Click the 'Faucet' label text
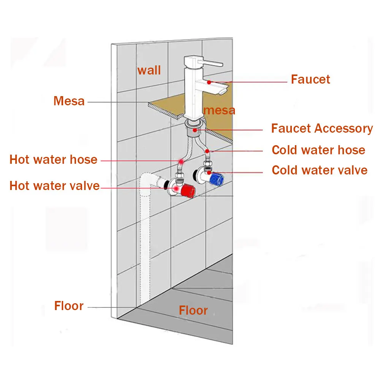click(310, 79)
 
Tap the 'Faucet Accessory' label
click(322, 128)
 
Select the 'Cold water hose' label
click(318, 150)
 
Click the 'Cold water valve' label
click(320, 170)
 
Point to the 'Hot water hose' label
click(53, 159)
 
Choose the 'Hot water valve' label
click(54, 186)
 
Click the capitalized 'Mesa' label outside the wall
click(69, 101)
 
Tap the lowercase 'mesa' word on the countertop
click(219, 110)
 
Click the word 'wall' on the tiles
click(149, 70)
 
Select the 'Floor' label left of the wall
click(69, 306)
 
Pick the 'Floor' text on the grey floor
click(193, 310)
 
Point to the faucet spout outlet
click(223, 91)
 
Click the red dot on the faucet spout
click(209, 82)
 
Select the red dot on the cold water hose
click(207, 151)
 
